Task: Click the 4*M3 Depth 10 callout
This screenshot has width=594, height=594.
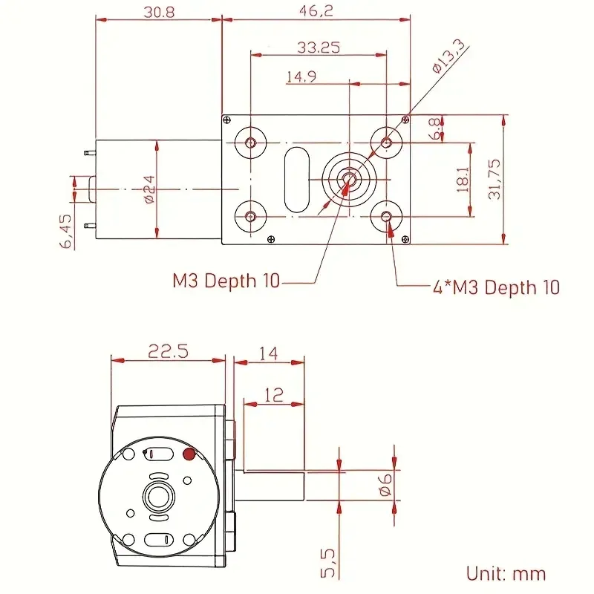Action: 496,287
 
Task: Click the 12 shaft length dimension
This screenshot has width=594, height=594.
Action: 274,395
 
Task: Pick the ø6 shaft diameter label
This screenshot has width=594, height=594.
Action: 385,484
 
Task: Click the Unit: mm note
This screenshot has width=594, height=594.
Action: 506,573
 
